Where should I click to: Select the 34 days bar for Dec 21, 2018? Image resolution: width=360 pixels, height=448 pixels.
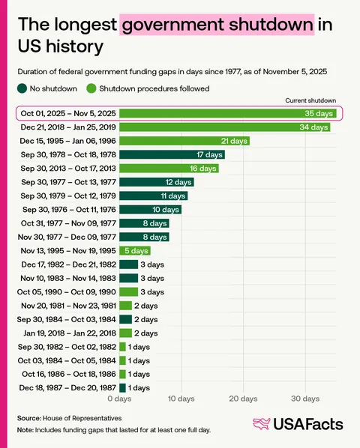point(224,127)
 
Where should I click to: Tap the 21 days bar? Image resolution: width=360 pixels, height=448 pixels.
point(184,141)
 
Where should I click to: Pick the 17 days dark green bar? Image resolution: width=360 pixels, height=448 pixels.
point(172,154)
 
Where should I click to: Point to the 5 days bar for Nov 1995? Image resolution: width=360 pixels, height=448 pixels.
point(134,250)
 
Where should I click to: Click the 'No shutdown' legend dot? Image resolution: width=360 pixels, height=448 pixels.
point(22,88)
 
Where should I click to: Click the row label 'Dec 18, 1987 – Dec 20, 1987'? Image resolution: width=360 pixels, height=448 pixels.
point(65,387)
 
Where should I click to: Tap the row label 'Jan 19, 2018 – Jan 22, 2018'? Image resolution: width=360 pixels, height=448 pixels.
point(66,333)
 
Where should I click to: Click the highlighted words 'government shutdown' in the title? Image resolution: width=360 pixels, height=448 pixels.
point(217,25)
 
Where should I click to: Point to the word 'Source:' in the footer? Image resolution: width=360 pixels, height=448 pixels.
point(29,417)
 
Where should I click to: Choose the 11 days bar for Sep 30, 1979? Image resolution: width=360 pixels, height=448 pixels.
point(153,196)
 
